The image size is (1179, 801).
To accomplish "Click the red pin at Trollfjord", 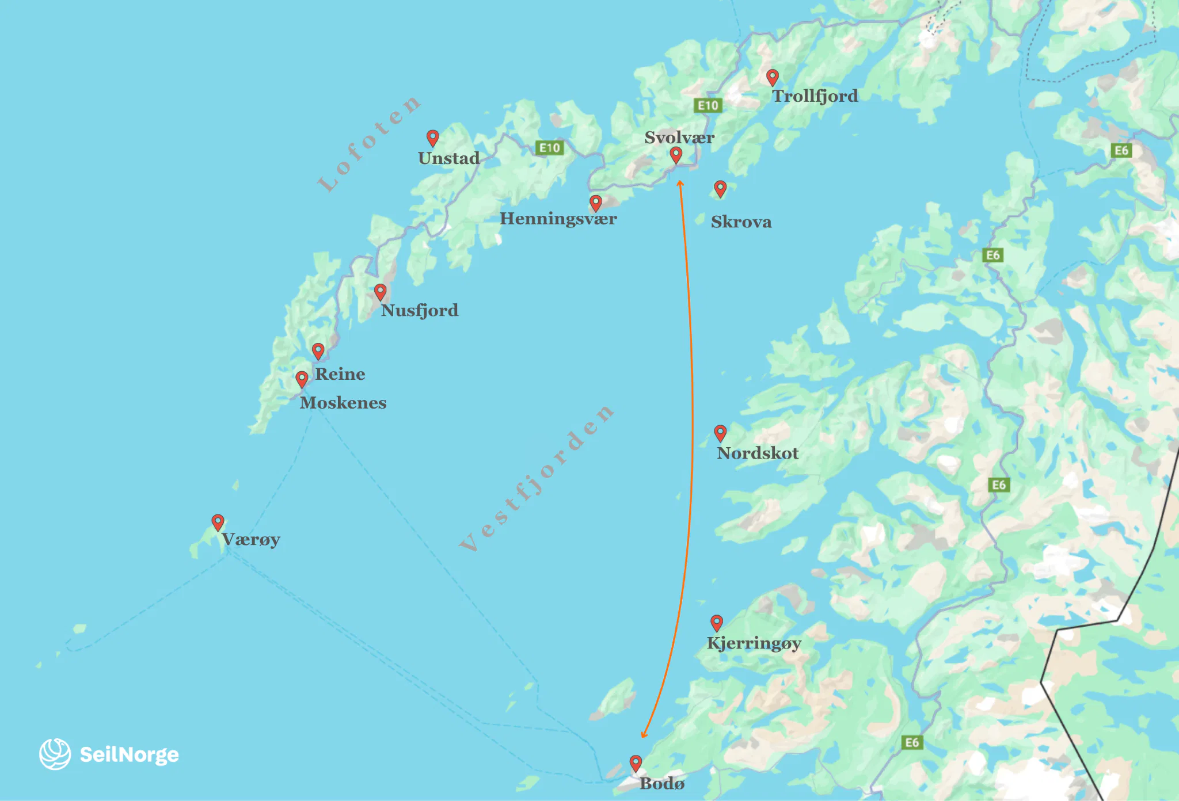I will point(773,77).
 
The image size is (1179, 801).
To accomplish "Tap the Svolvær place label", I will point(679,138).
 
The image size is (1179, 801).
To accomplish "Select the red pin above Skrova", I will point(720,188).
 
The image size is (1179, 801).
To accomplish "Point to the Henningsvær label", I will point(558,219).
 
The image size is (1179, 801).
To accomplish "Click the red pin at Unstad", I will point(433,138).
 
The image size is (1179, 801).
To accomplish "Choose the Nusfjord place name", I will point(419,311).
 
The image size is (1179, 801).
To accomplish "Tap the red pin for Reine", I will point(318,350).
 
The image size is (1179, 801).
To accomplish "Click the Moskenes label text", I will point(343,403).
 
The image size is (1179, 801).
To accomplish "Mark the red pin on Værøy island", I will point(218,522).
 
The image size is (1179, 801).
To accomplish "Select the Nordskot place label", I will point(757,453).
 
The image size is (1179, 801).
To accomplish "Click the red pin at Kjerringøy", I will point(717,623).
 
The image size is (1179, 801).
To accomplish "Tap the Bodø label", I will point(662,784).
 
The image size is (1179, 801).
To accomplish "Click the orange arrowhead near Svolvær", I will point(680,184).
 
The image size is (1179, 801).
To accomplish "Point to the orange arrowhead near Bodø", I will point(644,735).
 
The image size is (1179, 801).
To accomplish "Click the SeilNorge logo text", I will point(129,754).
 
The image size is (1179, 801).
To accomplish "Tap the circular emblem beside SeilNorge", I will point(55,754).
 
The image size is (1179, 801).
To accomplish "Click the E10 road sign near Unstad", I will point(549,148).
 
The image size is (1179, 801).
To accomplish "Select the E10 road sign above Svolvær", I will point(708,105).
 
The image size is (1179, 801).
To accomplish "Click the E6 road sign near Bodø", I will point(912,742).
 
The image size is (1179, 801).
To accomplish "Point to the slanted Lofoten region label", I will point(368,144).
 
